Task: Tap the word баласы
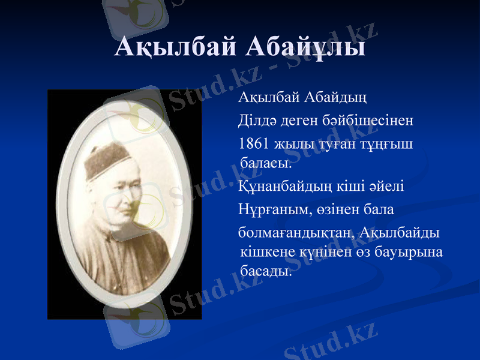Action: coord(265,161)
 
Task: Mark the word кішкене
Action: coord(266,252)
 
